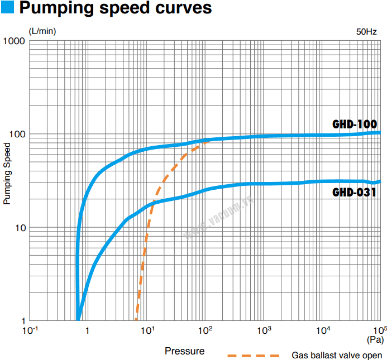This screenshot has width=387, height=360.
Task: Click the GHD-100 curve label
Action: (x=355, y=124)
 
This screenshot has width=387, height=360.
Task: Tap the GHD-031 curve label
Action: (x=354, y=193)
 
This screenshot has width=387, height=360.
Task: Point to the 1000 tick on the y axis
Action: (x=14, y=42)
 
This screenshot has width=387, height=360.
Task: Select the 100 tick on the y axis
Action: (x=16, y=135)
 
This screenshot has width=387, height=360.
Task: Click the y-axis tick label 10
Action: (x=18, y=228)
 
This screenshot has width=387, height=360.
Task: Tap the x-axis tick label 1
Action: (x=87, y=330)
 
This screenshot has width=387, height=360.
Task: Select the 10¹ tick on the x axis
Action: (x=147, y=330)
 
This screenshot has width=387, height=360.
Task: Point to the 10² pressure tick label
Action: (x=206, y=330)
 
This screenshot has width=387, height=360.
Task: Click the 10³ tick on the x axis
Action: (x=264, y=330)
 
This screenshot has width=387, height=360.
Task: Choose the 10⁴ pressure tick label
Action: (x=323, y=330)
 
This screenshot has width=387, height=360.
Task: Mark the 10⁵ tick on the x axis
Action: (x=380, y=329)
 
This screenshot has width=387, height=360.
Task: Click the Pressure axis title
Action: (x=184, y=351)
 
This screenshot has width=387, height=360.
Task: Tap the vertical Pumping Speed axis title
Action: (x=7, y=174)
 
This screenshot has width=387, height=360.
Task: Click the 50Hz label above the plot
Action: (x=367, y=31)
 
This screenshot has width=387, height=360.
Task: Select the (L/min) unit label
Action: (x=42, y=31)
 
